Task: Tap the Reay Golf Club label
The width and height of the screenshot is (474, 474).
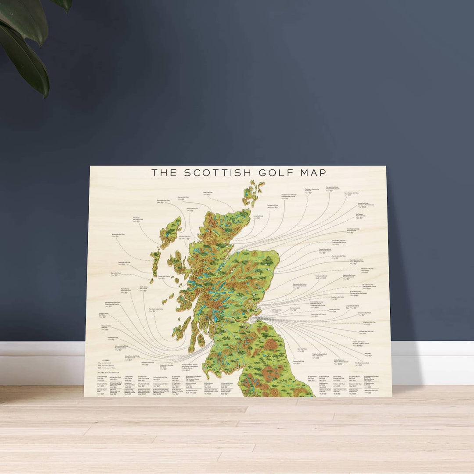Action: (x=208, y=193)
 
